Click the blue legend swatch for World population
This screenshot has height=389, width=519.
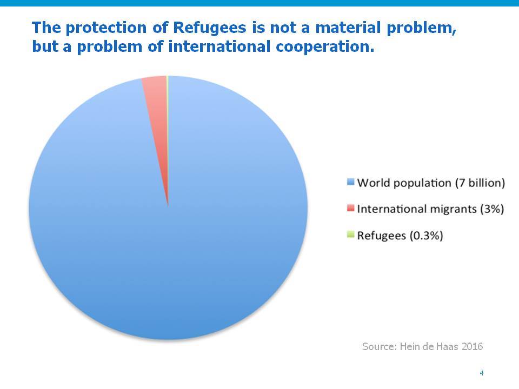[350, 182]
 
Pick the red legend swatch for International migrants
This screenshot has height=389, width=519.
[350, 208]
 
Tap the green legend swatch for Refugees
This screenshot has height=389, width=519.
[350, 234]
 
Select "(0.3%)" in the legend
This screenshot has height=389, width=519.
[427, 236]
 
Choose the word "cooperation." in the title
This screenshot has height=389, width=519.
[325, 46]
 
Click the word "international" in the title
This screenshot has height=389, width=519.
[219, 46]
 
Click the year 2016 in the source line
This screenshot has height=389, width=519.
[473, 346]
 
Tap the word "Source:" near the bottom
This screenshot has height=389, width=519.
[380, 346]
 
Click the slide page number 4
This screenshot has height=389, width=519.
[482, 373]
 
